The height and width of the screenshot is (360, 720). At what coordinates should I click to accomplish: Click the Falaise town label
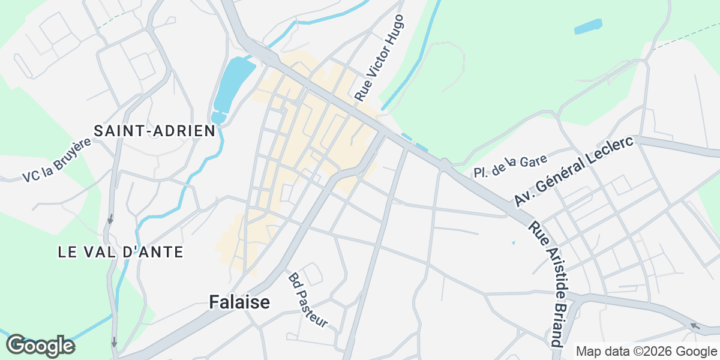[239, 302]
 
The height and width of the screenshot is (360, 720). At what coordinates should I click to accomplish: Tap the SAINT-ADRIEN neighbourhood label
[155, 131]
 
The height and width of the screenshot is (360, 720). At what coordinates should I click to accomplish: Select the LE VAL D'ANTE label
[121, 252]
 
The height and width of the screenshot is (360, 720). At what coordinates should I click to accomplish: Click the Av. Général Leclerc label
[574, 172]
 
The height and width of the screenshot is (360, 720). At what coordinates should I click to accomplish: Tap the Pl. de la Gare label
[510, 166]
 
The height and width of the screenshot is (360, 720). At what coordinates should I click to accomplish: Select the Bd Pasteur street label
[308, 301]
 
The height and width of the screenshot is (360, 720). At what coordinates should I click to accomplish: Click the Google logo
[40, 346]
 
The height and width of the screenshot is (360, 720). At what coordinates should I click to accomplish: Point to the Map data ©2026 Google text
[646, 352]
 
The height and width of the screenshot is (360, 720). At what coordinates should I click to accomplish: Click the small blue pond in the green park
[587, 27]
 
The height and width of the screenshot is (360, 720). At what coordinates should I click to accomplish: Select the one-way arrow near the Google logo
[113, 343]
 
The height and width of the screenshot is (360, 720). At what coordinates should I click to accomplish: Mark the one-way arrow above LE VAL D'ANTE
[110, 220]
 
